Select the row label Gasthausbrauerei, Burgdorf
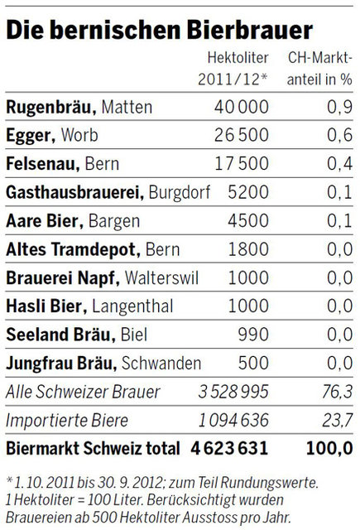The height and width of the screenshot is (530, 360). [108, 193]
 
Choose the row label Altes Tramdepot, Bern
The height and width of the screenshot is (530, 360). [94, 249]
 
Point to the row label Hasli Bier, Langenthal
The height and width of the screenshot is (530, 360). [89, 306]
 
